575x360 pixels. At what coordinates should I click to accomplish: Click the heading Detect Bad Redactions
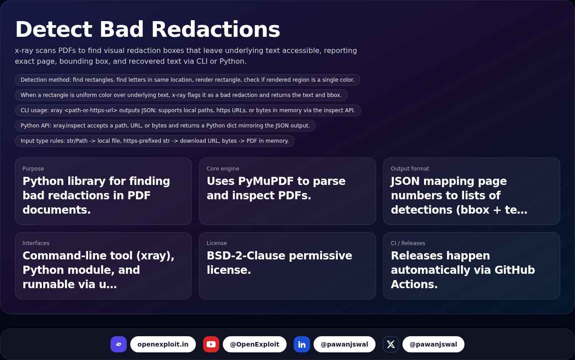click(x=147, y=30)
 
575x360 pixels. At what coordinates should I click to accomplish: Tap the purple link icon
click(x=119, y=344)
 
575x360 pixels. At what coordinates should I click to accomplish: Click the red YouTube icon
click(x=211, y=344)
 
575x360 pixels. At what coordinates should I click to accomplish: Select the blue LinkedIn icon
click(x=302, y=344)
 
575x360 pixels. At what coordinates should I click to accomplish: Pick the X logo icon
click(x=391, y=344)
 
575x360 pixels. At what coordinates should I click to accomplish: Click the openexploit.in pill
click(x=163, y=344)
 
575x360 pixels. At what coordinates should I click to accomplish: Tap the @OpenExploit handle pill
click(x=255, y=344)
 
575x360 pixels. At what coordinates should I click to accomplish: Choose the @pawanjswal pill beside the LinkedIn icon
click(x=345, y=344)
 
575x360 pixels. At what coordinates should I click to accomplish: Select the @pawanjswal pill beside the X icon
click(x=433, y=344)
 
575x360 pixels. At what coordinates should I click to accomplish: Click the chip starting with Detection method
click(x=187, y=80)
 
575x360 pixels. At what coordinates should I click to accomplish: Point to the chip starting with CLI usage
click(x=188, y=110)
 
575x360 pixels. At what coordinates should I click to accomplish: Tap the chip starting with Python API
click(x=165, y=126)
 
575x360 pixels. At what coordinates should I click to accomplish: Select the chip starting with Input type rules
click(x=155, y=141)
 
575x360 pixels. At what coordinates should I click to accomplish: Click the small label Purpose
click(x=33, y=169)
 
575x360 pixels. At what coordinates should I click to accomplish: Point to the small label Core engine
click(x=223, y=169)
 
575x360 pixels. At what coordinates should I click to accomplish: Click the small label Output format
click(x=410, y=169)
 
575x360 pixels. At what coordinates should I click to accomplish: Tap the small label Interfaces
click(x=36, y=243)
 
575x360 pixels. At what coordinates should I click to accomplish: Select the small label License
click(x=217, y=243)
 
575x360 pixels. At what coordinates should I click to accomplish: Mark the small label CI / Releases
click(x=408, y=243)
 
